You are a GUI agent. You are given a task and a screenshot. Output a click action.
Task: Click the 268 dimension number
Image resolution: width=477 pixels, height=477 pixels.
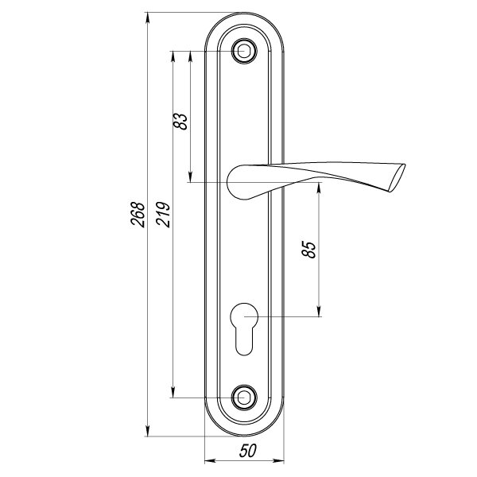pyautogui.click(x=138, y=213)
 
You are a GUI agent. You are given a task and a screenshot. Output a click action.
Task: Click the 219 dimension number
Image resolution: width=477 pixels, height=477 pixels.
pyautogui.click(x=163, y=213)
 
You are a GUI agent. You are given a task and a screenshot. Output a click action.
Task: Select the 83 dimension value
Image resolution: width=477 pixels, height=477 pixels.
pyautogui.click(x=181, y=121)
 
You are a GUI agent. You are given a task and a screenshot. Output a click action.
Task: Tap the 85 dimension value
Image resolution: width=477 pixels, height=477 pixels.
pyautogui.click(x=310, y=249)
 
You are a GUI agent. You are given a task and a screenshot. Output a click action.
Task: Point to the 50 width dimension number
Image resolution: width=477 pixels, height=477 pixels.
pyautogui.click(x=246, y=451)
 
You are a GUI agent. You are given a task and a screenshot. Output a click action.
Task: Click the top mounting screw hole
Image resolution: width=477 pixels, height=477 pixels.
pyautogui.click(x=245, y=52)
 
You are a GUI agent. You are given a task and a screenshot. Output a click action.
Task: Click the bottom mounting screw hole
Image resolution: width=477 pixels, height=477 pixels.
pyautogui.click(x=245, y=397)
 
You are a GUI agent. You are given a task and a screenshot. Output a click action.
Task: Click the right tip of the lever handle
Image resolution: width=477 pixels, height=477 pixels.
pyautogui.click(x=400, y=178)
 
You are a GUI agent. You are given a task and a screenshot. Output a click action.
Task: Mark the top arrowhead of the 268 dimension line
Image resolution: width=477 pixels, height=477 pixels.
pyautogui.click(x=148, y=17)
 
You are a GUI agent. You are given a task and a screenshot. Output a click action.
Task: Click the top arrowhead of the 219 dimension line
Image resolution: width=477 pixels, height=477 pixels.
pyautogui.click(x=173, y=56)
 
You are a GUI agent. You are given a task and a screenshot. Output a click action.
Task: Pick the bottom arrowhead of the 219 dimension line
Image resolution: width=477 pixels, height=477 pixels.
pyautogui.click(x=173, y=393)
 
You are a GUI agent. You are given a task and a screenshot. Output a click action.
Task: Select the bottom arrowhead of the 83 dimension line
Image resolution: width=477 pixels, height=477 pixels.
pyautogui.click(x=191, y=178)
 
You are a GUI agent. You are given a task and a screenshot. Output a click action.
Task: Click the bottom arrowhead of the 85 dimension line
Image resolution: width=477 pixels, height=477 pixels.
pyautogui.click(x=318, y=313)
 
